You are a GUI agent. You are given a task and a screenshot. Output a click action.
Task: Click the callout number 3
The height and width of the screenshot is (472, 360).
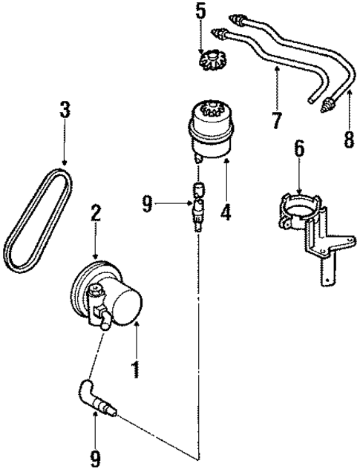point(65,111)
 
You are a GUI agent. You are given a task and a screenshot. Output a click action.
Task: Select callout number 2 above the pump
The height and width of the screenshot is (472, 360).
point(95,213)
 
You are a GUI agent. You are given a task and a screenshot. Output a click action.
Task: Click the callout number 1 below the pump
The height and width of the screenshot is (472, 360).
point(136,367)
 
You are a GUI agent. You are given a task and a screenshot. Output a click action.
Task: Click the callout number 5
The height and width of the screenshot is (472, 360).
point(198,12)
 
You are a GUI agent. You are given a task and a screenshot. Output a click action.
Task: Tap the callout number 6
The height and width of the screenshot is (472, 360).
point(298,148)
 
